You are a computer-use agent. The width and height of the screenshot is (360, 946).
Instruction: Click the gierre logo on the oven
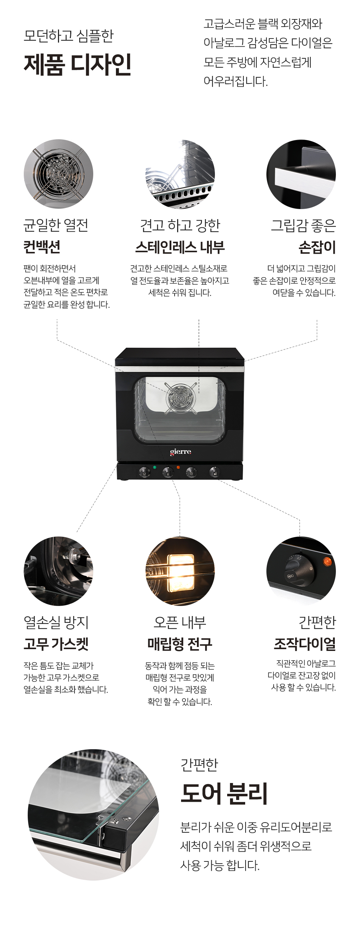[x=180, y=452]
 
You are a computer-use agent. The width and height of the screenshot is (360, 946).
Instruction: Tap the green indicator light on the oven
[x=155, y=467]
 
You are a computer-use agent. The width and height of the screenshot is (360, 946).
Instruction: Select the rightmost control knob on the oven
[x=214, y=471]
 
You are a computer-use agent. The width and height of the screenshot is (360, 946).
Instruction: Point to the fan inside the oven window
[x=180, y=397]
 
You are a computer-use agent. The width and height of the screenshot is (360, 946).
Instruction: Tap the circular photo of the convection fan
[x=58, y=174]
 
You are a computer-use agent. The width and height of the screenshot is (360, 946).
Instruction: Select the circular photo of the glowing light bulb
[x=180, y=571]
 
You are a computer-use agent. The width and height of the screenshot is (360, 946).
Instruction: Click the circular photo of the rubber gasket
[x=58, y=571]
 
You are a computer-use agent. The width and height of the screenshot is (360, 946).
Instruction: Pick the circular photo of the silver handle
[x=301, y=174]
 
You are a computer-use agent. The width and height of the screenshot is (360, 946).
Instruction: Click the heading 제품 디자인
[x=77, y=64]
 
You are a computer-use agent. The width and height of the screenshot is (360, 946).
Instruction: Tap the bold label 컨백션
[x=42, y=247]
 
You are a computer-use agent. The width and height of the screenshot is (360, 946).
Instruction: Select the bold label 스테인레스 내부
[x=180, y=247]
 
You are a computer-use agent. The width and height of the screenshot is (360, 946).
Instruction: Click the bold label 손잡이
[x=317, y=247]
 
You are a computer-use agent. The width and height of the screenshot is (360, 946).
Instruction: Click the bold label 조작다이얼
[x=305, y=643]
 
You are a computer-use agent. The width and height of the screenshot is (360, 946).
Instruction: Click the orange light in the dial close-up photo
[x=327, y=561]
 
